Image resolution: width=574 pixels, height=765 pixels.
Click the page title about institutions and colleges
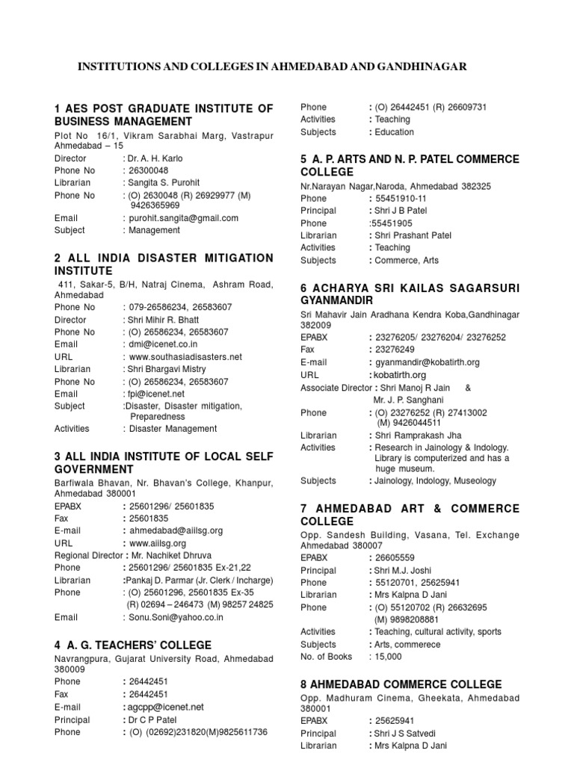point(273,66)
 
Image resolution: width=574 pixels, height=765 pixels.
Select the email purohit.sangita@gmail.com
point(184,218)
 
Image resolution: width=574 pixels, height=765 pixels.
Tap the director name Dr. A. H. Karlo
point(156,158)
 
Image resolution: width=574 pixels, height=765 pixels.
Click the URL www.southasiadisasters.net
point(185,357)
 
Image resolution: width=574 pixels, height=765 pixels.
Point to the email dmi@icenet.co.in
point(164,344)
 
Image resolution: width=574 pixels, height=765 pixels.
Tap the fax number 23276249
point(396,350)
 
